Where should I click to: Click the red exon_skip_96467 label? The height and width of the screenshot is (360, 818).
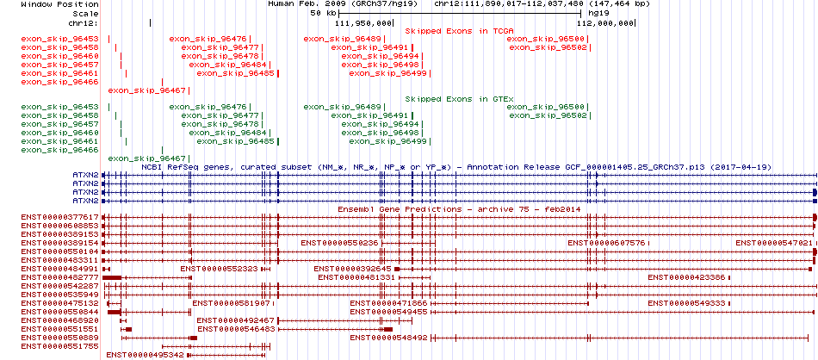(147, 90)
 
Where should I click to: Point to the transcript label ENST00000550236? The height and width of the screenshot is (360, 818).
(339, 243)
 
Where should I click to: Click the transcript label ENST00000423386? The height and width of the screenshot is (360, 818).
(686, 277)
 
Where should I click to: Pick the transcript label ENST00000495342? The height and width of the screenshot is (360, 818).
(145, 354)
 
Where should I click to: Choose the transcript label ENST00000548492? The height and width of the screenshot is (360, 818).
(388, 338)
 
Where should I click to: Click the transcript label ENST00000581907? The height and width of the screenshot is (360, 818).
(231, 303)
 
